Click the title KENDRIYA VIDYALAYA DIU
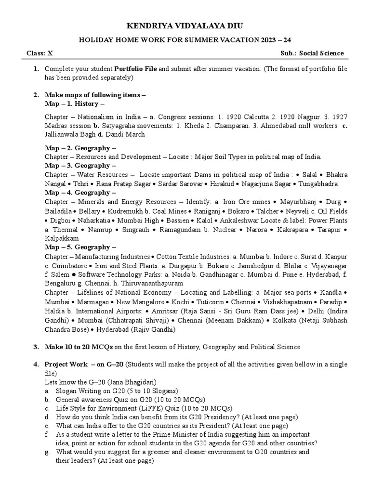click(185, 26)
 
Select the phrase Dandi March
click(128, 135)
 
